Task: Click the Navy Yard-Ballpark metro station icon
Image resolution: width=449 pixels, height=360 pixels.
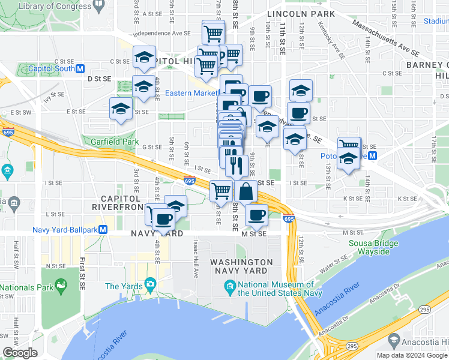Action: pyautogui.click(x=103, y=229)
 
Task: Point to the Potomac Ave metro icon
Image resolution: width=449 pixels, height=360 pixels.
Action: pyautogui.click(x=372, y=156)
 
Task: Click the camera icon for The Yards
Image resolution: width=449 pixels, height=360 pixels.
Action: pyautogui.click(x=149, y=284)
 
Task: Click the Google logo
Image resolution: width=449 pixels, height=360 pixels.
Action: pyautogui.click(x=20, y=352)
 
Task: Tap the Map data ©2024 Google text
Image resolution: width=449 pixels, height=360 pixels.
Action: pyautogui.click(x=411, y=355)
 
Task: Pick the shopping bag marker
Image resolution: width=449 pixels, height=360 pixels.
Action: pyautogui.click(x=246, y=191)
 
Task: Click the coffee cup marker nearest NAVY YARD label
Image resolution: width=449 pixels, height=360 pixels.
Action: pyautogui.click(x=162, y=218)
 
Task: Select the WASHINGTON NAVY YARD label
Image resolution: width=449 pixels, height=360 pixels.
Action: pyautogui.click(x=241, y=266)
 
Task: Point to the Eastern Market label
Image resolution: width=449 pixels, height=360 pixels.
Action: pyautogui.click(x=191, y=93)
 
